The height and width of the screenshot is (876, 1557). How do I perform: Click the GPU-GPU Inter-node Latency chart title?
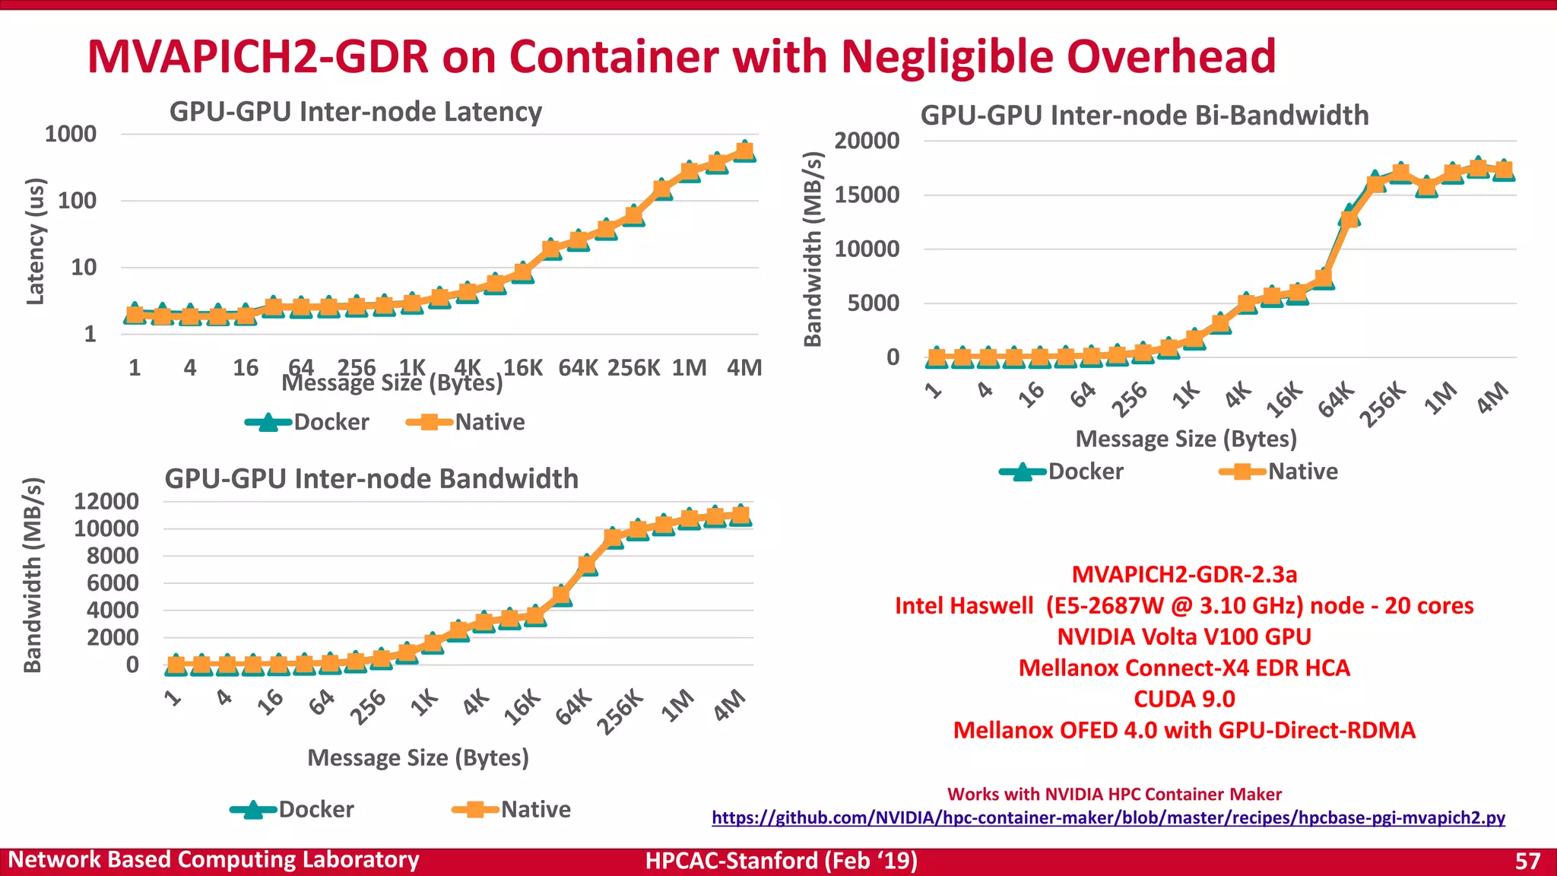pos(355,112)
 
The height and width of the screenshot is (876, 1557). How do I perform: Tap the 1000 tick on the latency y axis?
pos(71,134)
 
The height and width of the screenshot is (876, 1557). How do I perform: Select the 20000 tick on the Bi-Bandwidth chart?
pos(867,141)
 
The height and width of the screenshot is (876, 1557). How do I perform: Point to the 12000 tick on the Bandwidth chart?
pos(106,501)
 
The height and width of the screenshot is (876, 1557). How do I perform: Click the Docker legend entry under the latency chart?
pos(308,422)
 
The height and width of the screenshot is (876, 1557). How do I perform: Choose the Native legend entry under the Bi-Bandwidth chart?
pos(1279,471)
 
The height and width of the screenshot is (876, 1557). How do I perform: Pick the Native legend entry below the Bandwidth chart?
pos(512,809)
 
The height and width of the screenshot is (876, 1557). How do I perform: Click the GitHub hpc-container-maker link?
pos(1108,818)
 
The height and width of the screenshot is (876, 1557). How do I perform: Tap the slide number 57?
pos(1527,861)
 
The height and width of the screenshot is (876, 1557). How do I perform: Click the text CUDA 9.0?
pos(1184,699)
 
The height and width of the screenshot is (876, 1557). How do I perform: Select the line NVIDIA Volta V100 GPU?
pos(1184,636)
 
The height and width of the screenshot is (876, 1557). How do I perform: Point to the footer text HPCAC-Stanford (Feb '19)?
pos(781,861)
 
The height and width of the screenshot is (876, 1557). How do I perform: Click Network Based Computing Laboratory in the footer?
pos(214,860)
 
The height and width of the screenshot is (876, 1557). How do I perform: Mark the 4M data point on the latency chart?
pos(745,151)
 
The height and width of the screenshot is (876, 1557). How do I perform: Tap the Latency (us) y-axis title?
pos(36,241)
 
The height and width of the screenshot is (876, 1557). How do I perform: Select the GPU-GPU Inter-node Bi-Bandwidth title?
pos(1144,116)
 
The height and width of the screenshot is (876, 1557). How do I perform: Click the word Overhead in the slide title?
pos(1171,56)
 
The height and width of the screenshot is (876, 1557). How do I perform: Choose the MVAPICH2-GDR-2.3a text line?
pos(1184,574)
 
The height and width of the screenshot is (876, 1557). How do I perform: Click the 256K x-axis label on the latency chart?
pos(633,368)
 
